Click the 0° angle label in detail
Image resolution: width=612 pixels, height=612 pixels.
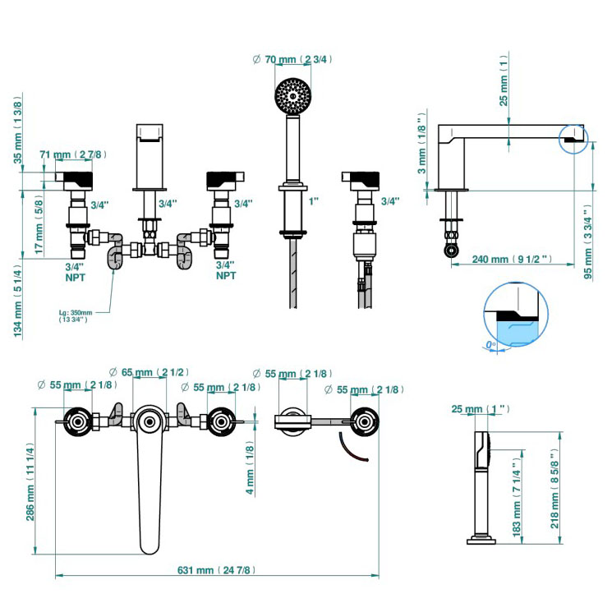point(490,347)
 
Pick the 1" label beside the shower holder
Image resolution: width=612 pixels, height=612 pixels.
point(315,202)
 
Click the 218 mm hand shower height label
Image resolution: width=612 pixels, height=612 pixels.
point(555,490)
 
